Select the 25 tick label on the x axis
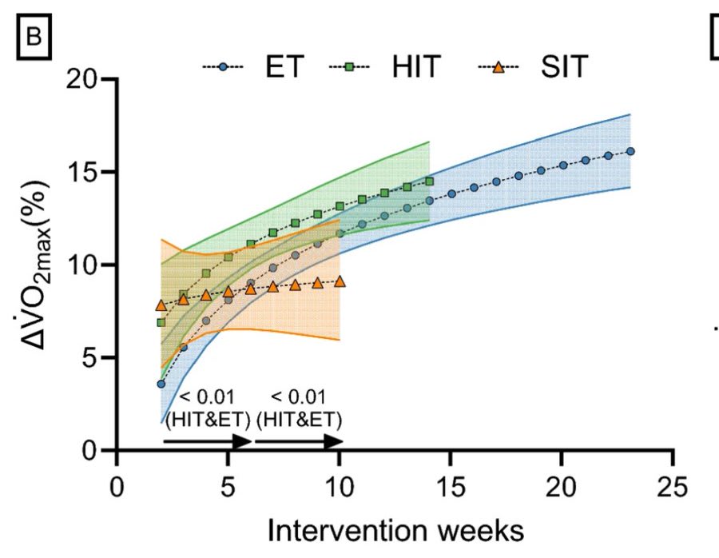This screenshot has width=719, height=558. point(673,484)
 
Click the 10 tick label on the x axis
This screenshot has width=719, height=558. point(340,484)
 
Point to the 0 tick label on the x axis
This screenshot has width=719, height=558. point(117,484)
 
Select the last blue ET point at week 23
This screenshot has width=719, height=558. point(630,151)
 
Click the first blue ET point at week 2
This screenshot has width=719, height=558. point(161,384)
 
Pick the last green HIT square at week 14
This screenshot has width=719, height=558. point(430,181)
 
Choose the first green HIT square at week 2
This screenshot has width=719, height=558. point(161,322)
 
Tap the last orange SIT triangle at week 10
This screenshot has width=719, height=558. point(340,281)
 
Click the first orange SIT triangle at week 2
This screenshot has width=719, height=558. point(161,305)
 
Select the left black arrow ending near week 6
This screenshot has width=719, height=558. point(207,441)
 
